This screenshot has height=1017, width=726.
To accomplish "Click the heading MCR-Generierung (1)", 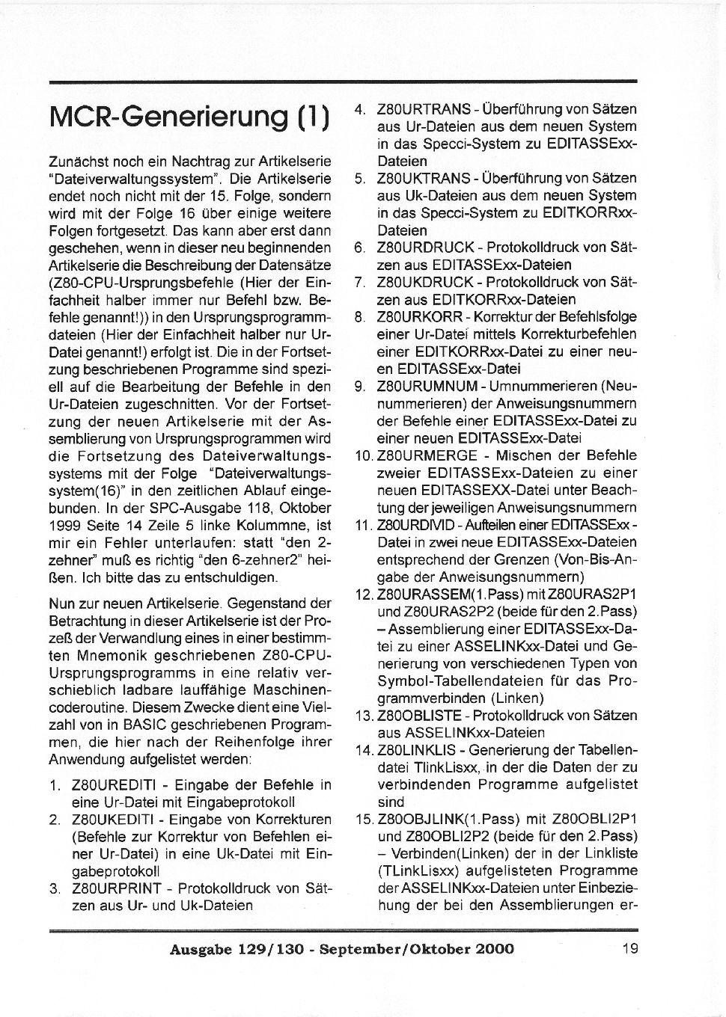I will pos(189,119).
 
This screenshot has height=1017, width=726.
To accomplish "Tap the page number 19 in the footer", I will pos(629,949).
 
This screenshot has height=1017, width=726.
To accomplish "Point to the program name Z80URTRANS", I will pos(424,109).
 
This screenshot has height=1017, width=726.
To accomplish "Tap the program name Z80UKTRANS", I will pos(424,179).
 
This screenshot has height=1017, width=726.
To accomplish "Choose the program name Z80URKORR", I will pos(420,317).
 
